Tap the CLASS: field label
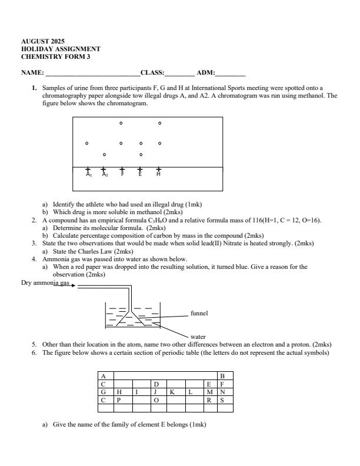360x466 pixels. [152, 74]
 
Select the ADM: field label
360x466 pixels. [206, 74]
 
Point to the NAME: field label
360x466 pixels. [33, 74]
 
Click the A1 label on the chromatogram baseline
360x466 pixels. [88, 174]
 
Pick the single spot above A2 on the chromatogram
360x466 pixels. [104, 155]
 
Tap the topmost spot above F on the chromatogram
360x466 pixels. [121, 124]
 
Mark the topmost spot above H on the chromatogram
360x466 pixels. [160, 124]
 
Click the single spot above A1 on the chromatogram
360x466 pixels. [87, 143]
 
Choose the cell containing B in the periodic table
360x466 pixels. [222, 375]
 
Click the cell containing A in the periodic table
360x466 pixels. [104, 375]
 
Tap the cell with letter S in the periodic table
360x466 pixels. [222, 400]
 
